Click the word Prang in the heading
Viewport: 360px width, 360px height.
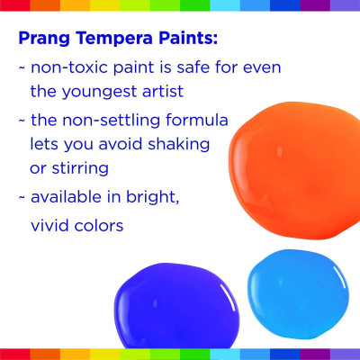44,39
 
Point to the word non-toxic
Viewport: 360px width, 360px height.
69,67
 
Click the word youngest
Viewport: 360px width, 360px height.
99,92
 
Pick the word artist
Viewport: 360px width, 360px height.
163,91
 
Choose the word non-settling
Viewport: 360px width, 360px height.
111,121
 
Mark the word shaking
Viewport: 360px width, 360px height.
179,145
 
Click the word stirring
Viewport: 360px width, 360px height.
80,168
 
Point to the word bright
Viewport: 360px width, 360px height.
152,197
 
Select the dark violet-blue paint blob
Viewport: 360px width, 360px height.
177,306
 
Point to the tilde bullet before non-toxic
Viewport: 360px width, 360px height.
22,68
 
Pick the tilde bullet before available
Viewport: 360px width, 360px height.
22,198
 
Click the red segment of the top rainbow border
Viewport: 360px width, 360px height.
15,5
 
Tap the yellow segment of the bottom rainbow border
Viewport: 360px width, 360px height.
105,355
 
